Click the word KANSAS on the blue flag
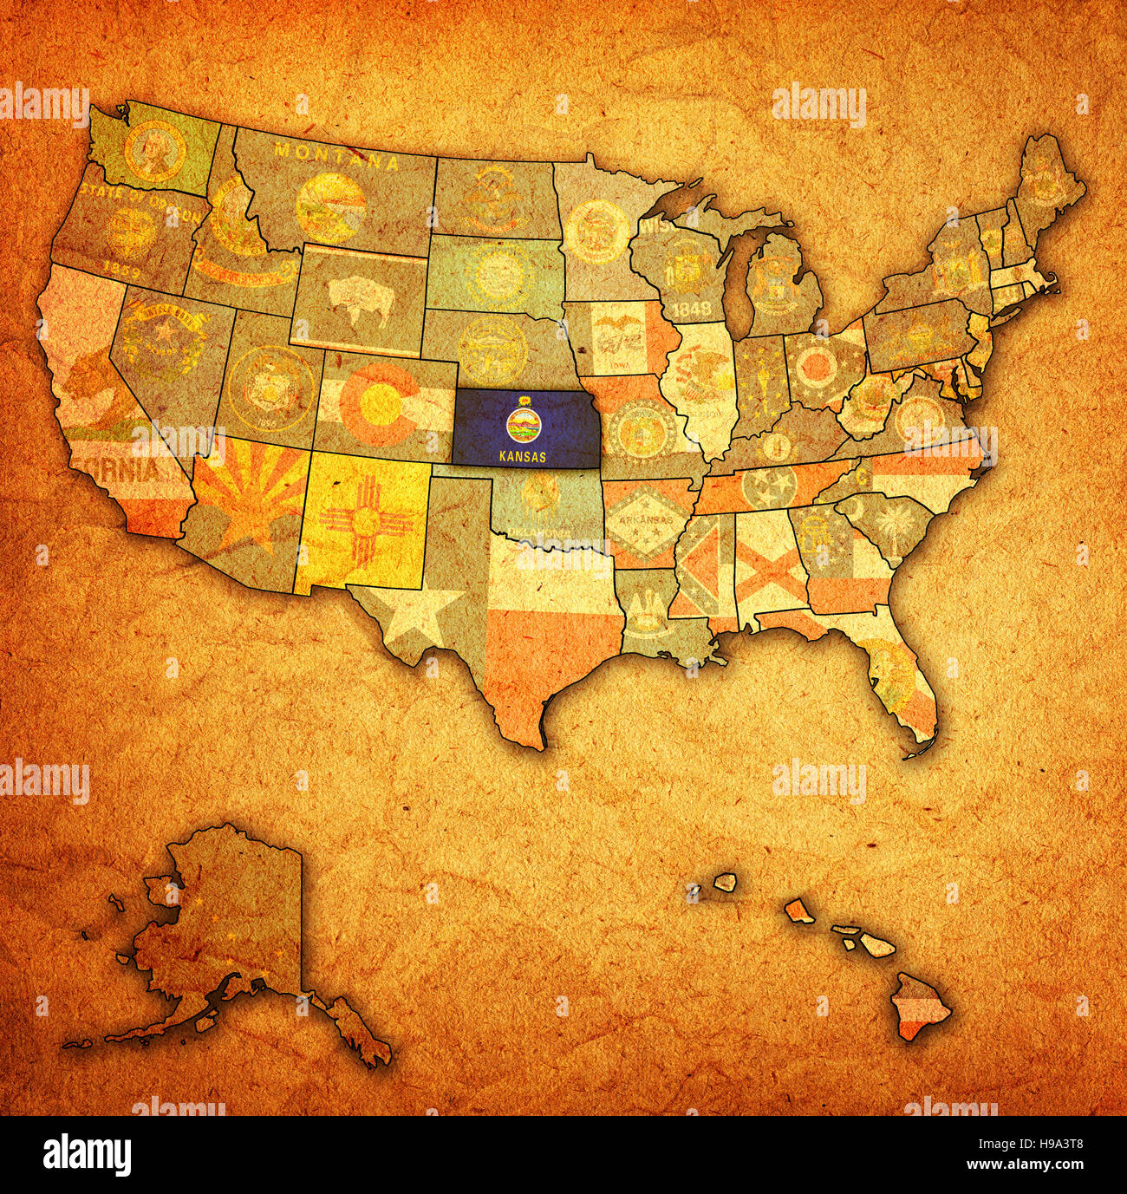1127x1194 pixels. coord(523,457)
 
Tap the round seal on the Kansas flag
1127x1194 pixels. coord(523,426)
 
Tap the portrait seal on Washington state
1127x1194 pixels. coord(155,149)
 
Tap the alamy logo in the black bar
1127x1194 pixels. coord(88,1154)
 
